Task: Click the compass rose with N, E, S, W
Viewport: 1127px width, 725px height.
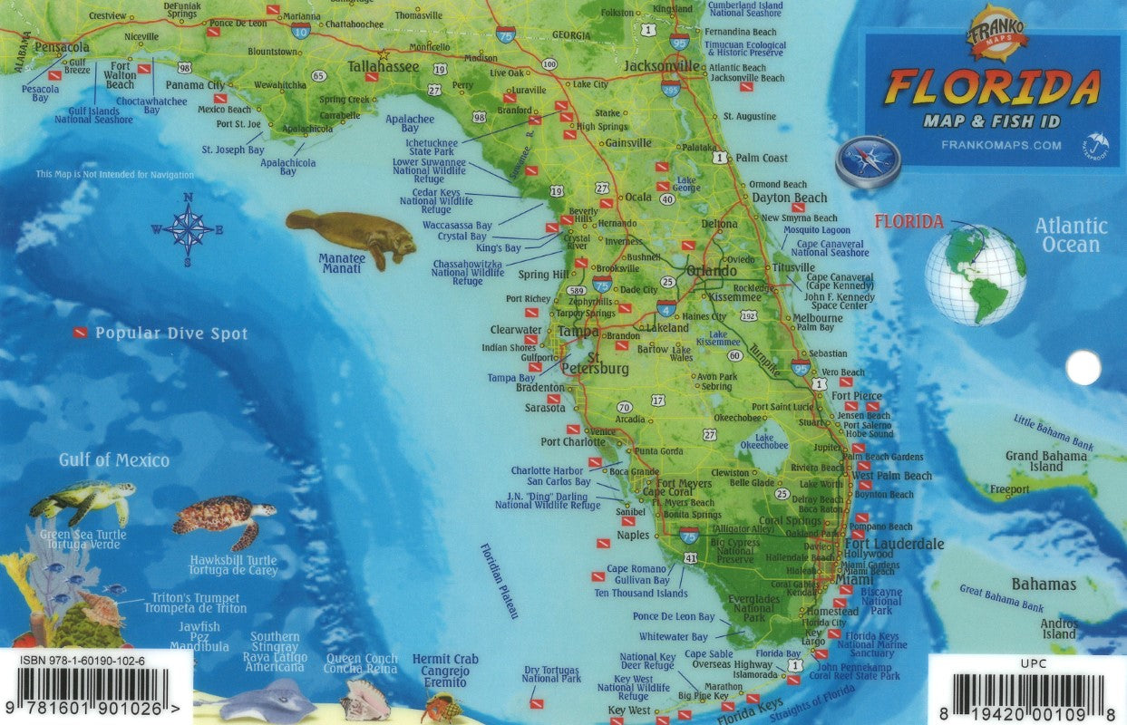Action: (x=189, y=228)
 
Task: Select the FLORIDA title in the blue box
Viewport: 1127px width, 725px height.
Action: (x=992, y=88)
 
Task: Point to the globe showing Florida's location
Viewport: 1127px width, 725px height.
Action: (x=976, y=275)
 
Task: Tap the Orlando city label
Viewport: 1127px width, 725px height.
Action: (x=711, y=271)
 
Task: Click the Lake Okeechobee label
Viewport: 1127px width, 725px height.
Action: (x=764, y=440)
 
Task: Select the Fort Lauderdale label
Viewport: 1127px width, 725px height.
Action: (x=894, y=544)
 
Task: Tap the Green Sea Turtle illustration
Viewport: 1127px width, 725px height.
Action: (x=83, y=500)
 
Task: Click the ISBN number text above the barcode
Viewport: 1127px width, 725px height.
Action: (x=82, y=662)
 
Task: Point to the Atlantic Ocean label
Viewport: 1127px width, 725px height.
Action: (x=1071, y=236)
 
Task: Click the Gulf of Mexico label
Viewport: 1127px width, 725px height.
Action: (x=114, y=460)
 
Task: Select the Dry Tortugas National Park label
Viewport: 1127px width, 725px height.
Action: (x=551, y=673)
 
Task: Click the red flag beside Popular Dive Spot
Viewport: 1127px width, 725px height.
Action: (x=82, y=333)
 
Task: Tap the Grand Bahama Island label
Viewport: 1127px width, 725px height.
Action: (x=1045, y=461)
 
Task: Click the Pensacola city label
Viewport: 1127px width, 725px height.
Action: (x=62, y=46)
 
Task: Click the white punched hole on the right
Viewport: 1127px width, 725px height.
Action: (x=1083, y=368)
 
